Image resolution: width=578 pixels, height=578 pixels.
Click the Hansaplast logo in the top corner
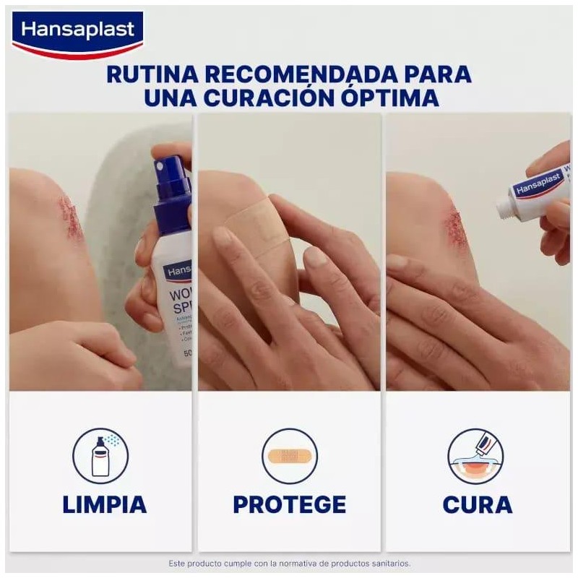coord(78,32)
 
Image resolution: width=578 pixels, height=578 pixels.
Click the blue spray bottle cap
coord(172,189)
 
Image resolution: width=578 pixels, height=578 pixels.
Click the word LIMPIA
coord(104,504)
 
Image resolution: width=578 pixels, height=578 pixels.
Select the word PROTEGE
coord(289,504)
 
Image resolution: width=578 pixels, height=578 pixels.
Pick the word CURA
coord(477,504)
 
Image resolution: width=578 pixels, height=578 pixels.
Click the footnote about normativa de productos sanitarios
coord(289,563)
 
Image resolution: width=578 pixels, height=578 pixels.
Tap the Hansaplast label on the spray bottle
coord(178,271)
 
